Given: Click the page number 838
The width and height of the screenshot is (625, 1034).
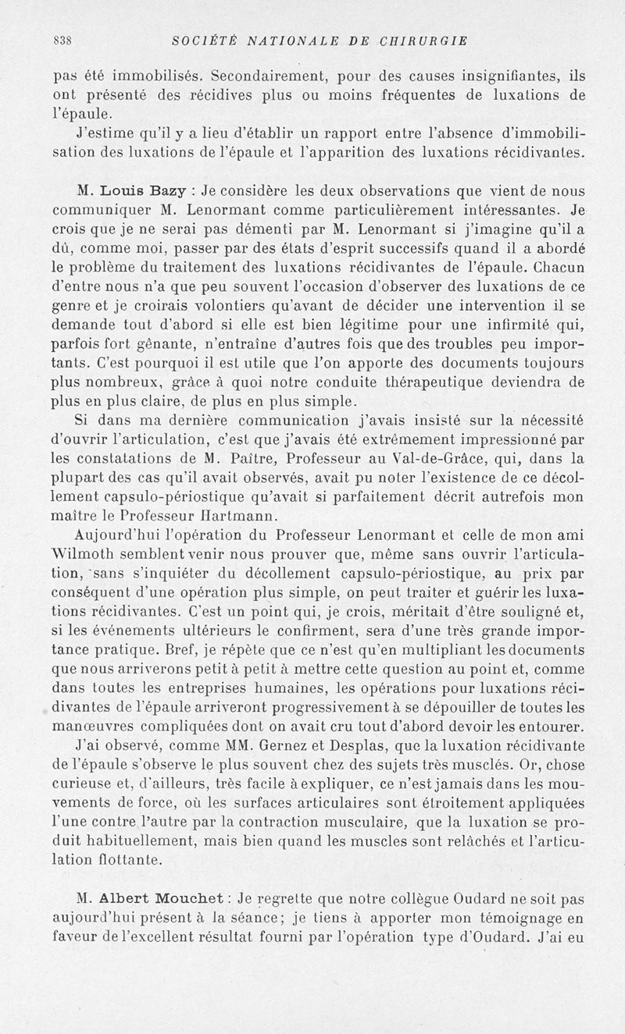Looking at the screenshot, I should click(62, 41).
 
